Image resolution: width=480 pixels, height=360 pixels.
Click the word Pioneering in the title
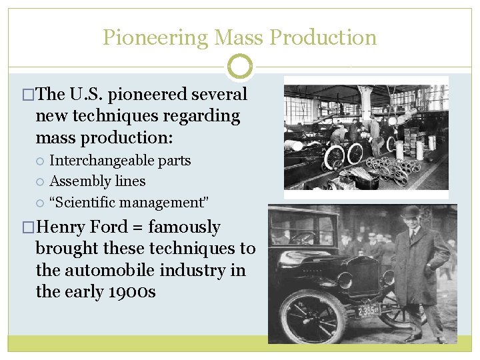(x=155, y=38)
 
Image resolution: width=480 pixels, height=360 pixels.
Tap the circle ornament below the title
(x=240, y=67)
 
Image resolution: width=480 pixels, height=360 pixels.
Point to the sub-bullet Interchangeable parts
(x=120, y=161)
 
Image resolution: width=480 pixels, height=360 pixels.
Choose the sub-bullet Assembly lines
(x=97, y=181)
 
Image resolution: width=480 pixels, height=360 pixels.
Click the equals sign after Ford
(x=153, y=228)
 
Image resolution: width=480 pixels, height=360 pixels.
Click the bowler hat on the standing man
(x=410, y=212)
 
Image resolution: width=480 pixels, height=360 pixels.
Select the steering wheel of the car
(x=303, y=237)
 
